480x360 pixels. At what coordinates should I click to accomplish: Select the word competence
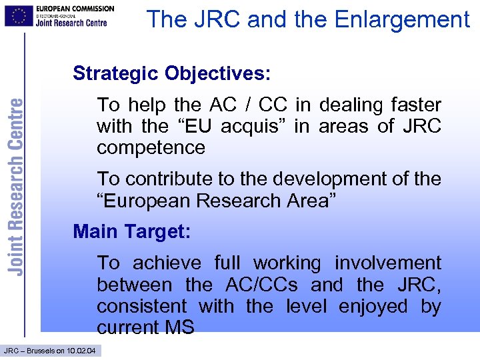pyautogui.click(x=151, y=147)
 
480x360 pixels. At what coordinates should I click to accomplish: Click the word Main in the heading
pyautogui.click(x=95, y=231)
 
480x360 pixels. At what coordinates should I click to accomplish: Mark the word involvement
pyautogui.click(x=387, y=263)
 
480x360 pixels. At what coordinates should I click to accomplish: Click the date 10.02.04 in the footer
pyautogui.click(x=81, y=351)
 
